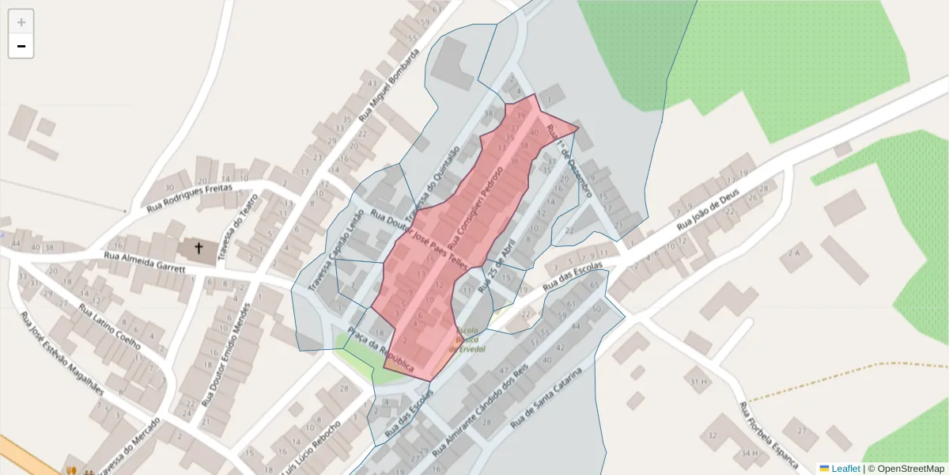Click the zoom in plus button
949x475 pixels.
(x=21, y=22)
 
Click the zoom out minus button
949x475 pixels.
(x=21, y=46)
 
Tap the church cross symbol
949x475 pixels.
(x=198, y=249)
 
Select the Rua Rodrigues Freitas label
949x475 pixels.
(x=190, y=198)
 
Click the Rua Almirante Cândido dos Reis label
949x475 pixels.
(x=480, y=412)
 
